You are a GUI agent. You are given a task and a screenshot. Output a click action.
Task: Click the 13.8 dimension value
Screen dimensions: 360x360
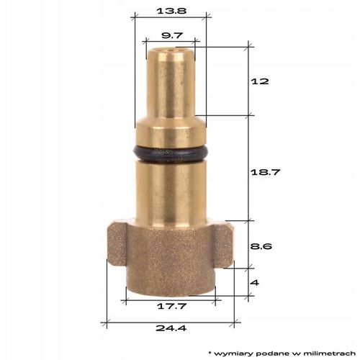[x=170, y=12]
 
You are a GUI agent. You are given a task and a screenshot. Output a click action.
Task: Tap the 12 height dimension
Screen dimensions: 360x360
[x=261, y=81]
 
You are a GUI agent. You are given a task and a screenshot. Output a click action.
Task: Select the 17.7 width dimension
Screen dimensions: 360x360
[x=171, y=305]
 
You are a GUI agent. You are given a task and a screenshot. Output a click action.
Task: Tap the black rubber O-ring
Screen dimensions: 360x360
[x=171, y=152]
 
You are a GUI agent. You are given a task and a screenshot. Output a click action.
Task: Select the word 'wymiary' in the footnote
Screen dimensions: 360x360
[x=231, y=353]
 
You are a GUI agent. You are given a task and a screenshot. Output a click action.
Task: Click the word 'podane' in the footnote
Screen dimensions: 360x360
[x=266, y=353]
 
